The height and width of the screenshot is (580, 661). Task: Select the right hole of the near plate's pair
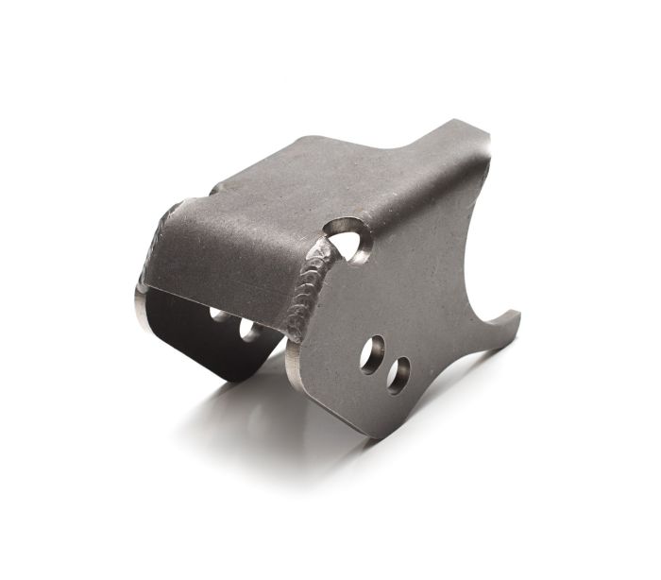tap(398, 374)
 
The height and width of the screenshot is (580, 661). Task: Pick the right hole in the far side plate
tap(249, 329)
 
